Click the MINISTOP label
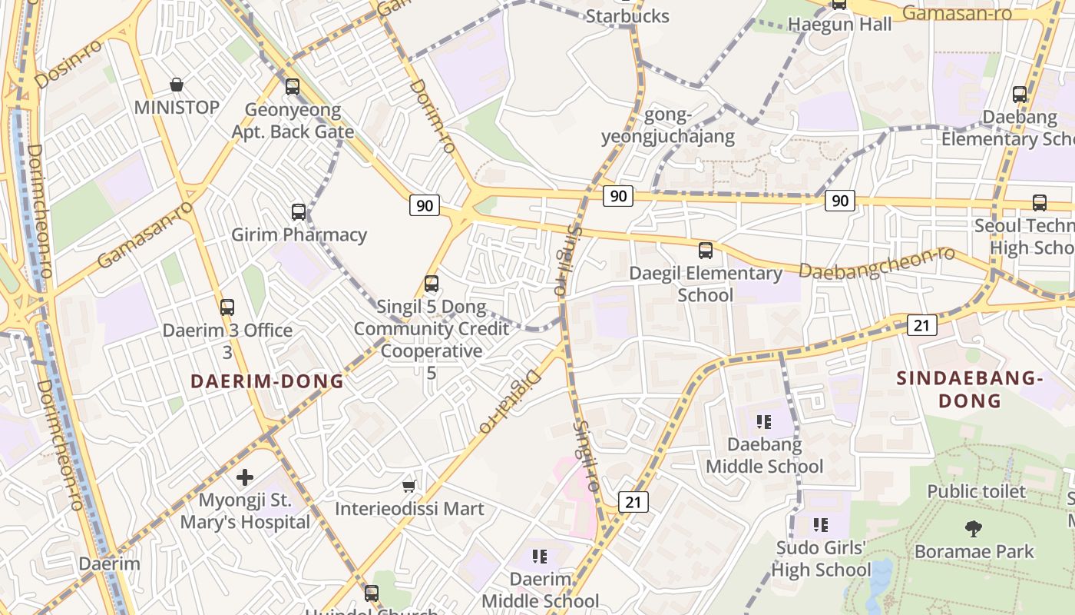tap(177, 107)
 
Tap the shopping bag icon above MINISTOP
tap(177, 84)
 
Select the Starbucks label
tap(627, 16)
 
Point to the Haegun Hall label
tap(840, 25)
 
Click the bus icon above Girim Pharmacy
tap(299, 212)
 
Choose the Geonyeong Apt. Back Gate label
tap(293, 121)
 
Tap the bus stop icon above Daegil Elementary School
tap(705, 251)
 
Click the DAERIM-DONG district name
tap(266, 381)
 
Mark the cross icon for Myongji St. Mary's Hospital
tap(245, 477)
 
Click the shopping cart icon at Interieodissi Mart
tap(409, 486)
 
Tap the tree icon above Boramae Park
tap(974, 529)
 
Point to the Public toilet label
tap(976, 491)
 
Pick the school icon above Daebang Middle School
tap(764, 421)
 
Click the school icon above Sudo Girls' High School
tap(821, 525)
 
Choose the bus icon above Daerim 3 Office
tap(227, 307)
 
